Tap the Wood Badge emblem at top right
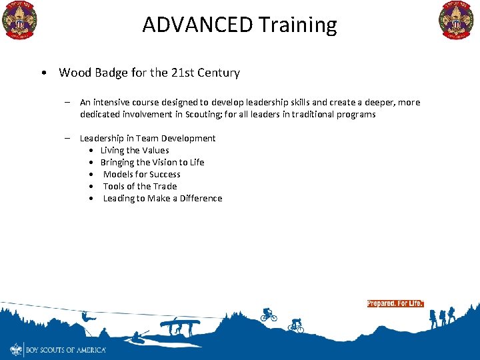point(456,20)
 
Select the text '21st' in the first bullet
point(189,73)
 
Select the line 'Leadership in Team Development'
point(147,138)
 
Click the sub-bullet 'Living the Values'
point(135,150)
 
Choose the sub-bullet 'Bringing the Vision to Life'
point(152,162)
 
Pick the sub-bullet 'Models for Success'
point(141,174)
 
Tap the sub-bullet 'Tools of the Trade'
point(139,186)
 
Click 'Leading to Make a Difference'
point(162,198)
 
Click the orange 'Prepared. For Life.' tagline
point(395,303)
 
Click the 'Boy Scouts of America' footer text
point(65,349)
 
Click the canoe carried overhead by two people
point(180,325)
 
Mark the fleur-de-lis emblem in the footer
point(16,349)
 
